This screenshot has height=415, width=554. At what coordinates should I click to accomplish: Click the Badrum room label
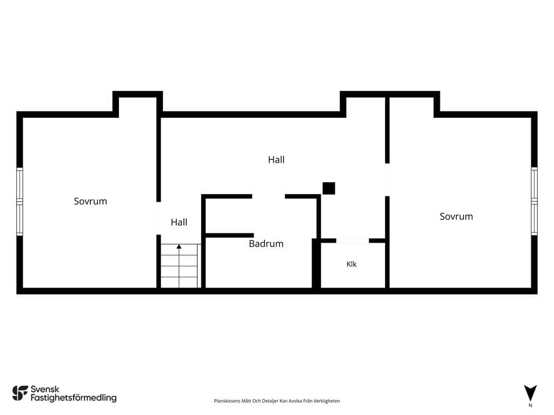[x=266, y=244]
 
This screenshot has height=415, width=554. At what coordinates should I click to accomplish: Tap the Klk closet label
[x=352, y=264]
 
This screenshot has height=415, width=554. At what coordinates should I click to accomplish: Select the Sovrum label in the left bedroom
[x=90, y=201]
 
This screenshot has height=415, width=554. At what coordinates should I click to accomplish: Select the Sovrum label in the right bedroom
[x=456, y=216]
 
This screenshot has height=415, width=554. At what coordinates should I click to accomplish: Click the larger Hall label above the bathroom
[x=276, y=159]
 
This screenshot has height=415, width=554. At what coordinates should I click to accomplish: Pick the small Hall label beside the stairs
[x=179, y=222]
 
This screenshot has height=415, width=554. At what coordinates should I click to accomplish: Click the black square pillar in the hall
[x=328, y=188]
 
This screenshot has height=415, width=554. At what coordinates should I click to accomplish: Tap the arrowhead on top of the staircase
[x=179, y=246]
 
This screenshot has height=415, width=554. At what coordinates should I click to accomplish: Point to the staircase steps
[x=179, y=266]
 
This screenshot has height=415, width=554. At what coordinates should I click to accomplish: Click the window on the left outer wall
[x=20, y=202]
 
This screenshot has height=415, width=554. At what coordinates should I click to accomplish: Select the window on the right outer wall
[x=534, y=201]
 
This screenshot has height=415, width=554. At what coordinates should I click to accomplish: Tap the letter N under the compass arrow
[x=530, y=405]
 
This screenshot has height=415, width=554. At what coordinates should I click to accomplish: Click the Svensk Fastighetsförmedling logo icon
[x=20, y=393]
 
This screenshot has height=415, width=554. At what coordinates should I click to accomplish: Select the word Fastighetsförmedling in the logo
[x=74, y=398]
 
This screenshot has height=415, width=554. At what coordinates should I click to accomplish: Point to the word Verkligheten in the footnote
[x=326, y=401]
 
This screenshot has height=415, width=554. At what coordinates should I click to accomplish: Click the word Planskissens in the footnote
[x=227, y=401]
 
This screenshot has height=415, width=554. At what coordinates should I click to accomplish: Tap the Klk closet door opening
[x=353, y=240]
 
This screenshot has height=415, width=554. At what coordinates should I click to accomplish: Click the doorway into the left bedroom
[x=159, y=218]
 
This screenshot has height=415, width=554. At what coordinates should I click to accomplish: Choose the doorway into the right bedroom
[x=387, y=179]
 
